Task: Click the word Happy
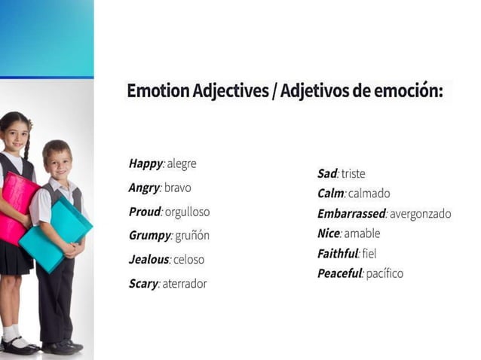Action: point(145,163)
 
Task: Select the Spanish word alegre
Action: point(182,163)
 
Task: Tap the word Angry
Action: point(144,188)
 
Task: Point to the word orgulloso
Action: point(187,212)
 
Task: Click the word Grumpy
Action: point(150,236)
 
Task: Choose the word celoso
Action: point(188,260)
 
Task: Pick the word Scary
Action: point(143,284)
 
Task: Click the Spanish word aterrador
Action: point(184,284)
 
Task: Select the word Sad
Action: point(327,173)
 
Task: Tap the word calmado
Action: point(369,194)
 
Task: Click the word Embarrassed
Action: point(351,214)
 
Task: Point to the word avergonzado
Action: point(420,214)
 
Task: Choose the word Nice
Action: point(329,233)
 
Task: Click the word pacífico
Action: point(384,273)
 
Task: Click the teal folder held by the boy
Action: point(55,234)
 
